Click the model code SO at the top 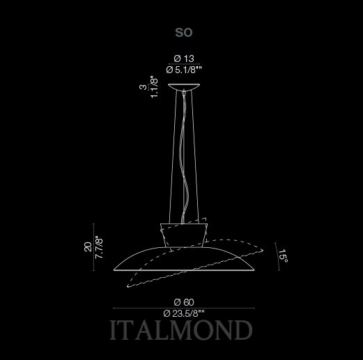click(184, 33)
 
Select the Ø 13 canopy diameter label click(184, 58)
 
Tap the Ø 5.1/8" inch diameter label click(184, 70)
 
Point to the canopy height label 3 click(144, 87)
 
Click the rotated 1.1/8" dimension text click(154, 86)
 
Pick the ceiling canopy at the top click(184, 86)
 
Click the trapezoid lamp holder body click(184, 235)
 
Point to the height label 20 click(88, 246)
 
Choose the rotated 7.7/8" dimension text click(99, 248)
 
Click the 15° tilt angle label click(284, 256)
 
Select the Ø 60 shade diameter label click(184, 302)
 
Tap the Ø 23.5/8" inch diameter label click(184, 314)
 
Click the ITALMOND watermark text click(180, 330)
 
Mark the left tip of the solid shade click(114, 270)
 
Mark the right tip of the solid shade click(254, 270)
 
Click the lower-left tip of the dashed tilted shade click(128, 287)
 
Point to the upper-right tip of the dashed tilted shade click(263, 250)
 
